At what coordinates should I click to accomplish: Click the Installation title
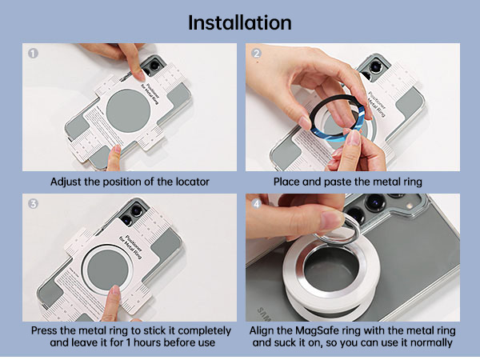point(240,22)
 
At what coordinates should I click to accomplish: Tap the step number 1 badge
point(33,54)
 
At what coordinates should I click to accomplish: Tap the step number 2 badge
point(257,54)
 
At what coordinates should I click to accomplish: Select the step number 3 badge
point(33,204)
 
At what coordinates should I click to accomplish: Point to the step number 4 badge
point(257,204)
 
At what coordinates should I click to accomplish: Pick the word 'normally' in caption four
point(433,342)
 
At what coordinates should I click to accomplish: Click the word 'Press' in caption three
point(46,330)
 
